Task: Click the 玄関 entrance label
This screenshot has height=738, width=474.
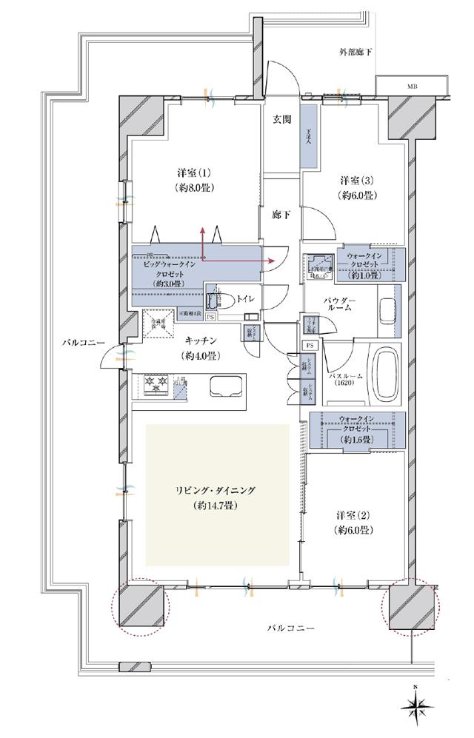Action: (281, 119)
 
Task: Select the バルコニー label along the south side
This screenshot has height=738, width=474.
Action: (291, 628)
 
